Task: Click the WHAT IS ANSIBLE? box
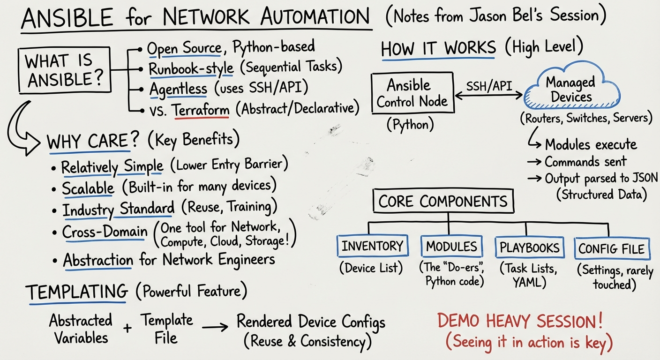65,71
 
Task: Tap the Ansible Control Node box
412,93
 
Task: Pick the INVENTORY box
373,246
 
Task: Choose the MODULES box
451,246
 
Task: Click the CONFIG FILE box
613,248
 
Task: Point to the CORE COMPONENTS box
443,202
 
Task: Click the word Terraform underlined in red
202,110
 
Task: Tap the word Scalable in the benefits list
88,187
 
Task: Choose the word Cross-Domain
105,232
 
